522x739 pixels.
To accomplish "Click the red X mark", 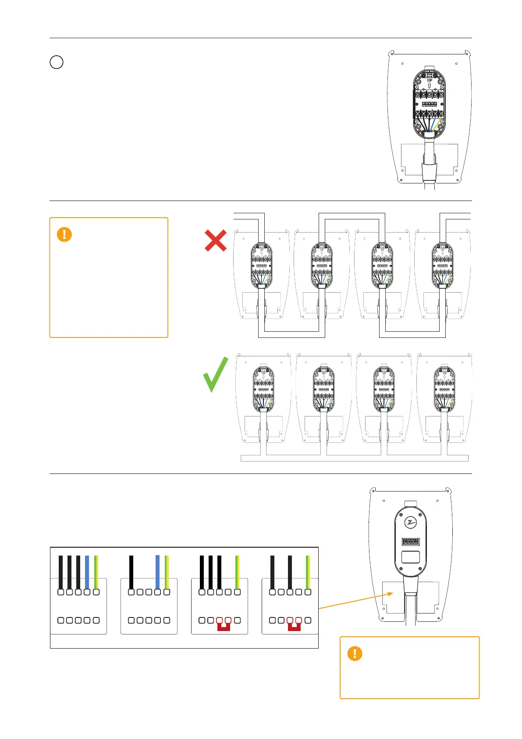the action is (x=216, y=240).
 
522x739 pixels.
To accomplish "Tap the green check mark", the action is (x=216, y=374).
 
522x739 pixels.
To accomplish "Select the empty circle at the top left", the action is (x=57, y=62).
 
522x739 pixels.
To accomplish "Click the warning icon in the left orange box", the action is (x=64, y=234).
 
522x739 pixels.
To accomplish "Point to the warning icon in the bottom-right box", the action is (x=355, y=653).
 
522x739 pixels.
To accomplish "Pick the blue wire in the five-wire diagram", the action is (x=87, y=572).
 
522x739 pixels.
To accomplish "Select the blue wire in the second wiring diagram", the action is (x=157, y=572).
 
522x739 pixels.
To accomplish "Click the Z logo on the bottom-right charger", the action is (x=411, y=522).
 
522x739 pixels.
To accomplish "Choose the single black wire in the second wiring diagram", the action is (x=131, y=572).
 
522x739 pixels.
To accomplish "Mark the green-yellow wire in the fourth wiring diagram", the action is (x=308, y=572).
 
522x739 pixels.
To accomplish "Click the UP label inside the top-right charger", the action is (x=429, y=80).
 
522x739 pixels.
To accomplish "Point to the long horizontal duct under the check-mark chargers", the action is (x=354, y=458).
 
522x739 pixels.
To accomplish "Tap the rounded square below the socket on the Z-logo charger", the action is (x=411, y=557).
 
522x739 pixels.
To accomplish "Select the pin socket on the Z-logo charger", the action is (x=411, y=542).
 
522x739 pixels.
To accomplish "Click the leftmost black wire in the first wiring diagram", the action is (x=60, y=572).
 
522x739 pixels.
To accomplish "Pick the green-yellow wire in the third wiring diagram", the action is (x=237, y=572).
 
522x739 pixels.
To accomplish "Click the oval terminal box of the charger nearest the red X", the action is (x=262, y=265).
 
